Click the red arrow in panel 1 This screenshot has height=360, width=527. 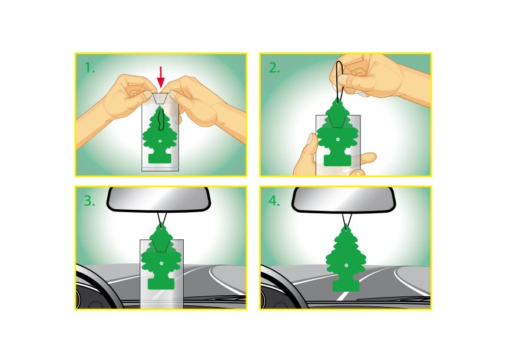tap(161, 77)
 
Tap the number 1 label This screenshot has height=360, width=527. tap(90, 68)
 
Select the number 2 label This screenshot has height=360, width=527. tap(274, 68)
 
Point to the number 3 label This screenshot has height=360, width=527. tap(90, 201)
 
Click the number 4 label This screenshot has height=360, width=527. tap(274, 201)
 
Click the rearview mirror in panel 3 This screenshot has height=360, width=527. tap(158, 200)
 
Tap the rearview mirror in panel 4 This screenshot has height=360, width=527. tap(343, 200)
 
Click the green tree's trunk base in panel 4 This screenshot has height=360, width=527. tap(346, 285)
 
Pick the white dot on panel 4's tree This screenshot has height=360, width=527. tap(346, 266)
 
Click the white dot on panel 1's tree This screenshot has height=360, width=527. tap(160, 141)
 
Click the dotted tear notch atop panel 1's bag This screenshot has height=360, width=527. tap(160, 98)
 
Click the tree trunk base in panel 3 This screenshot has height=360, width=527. tap(161, 283)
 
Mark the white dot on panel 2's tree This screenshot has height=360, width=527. tap(337, 139)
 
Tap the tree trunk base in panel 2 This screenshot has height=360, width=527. tap(337, 160)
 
